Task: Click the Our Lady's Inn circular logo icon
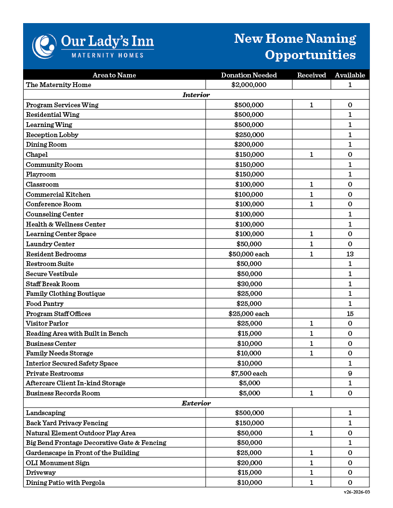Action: click(44, 46)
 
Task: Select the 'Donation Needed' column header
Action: click(249, 75)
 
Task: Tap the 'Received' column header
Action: click(312, 75)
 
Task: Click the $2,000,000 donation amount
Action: click(249, 85)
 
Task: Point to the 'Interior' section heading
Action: click(196, 95)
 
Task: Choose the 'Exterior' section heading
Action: click(196, 403)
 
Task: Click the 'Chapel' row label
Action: click(37, 154)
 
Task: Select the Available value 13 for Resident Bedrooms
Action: click(350, 254)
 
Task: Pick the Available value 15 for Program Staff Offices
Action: click(350, 314)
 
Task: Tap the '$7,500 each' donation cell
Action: click(249, 373)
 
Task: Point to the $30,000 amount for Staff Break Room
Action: click(249, 284)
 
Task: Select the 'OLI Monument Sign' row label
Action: click(58, 463)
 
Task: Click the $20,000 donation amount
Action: click(249, 463)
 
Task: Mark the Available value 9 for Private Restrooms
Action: click(350, 373)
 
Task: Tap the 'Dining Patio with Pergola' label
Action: click(65, 483)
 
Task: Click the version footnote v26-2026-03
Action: click(357, 493)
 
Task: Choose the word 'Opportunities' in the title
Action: click(310, 55)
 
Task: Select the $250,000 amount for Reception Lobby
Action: click(249, 135)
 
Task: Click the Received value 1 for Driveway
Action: click(312, 472)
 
